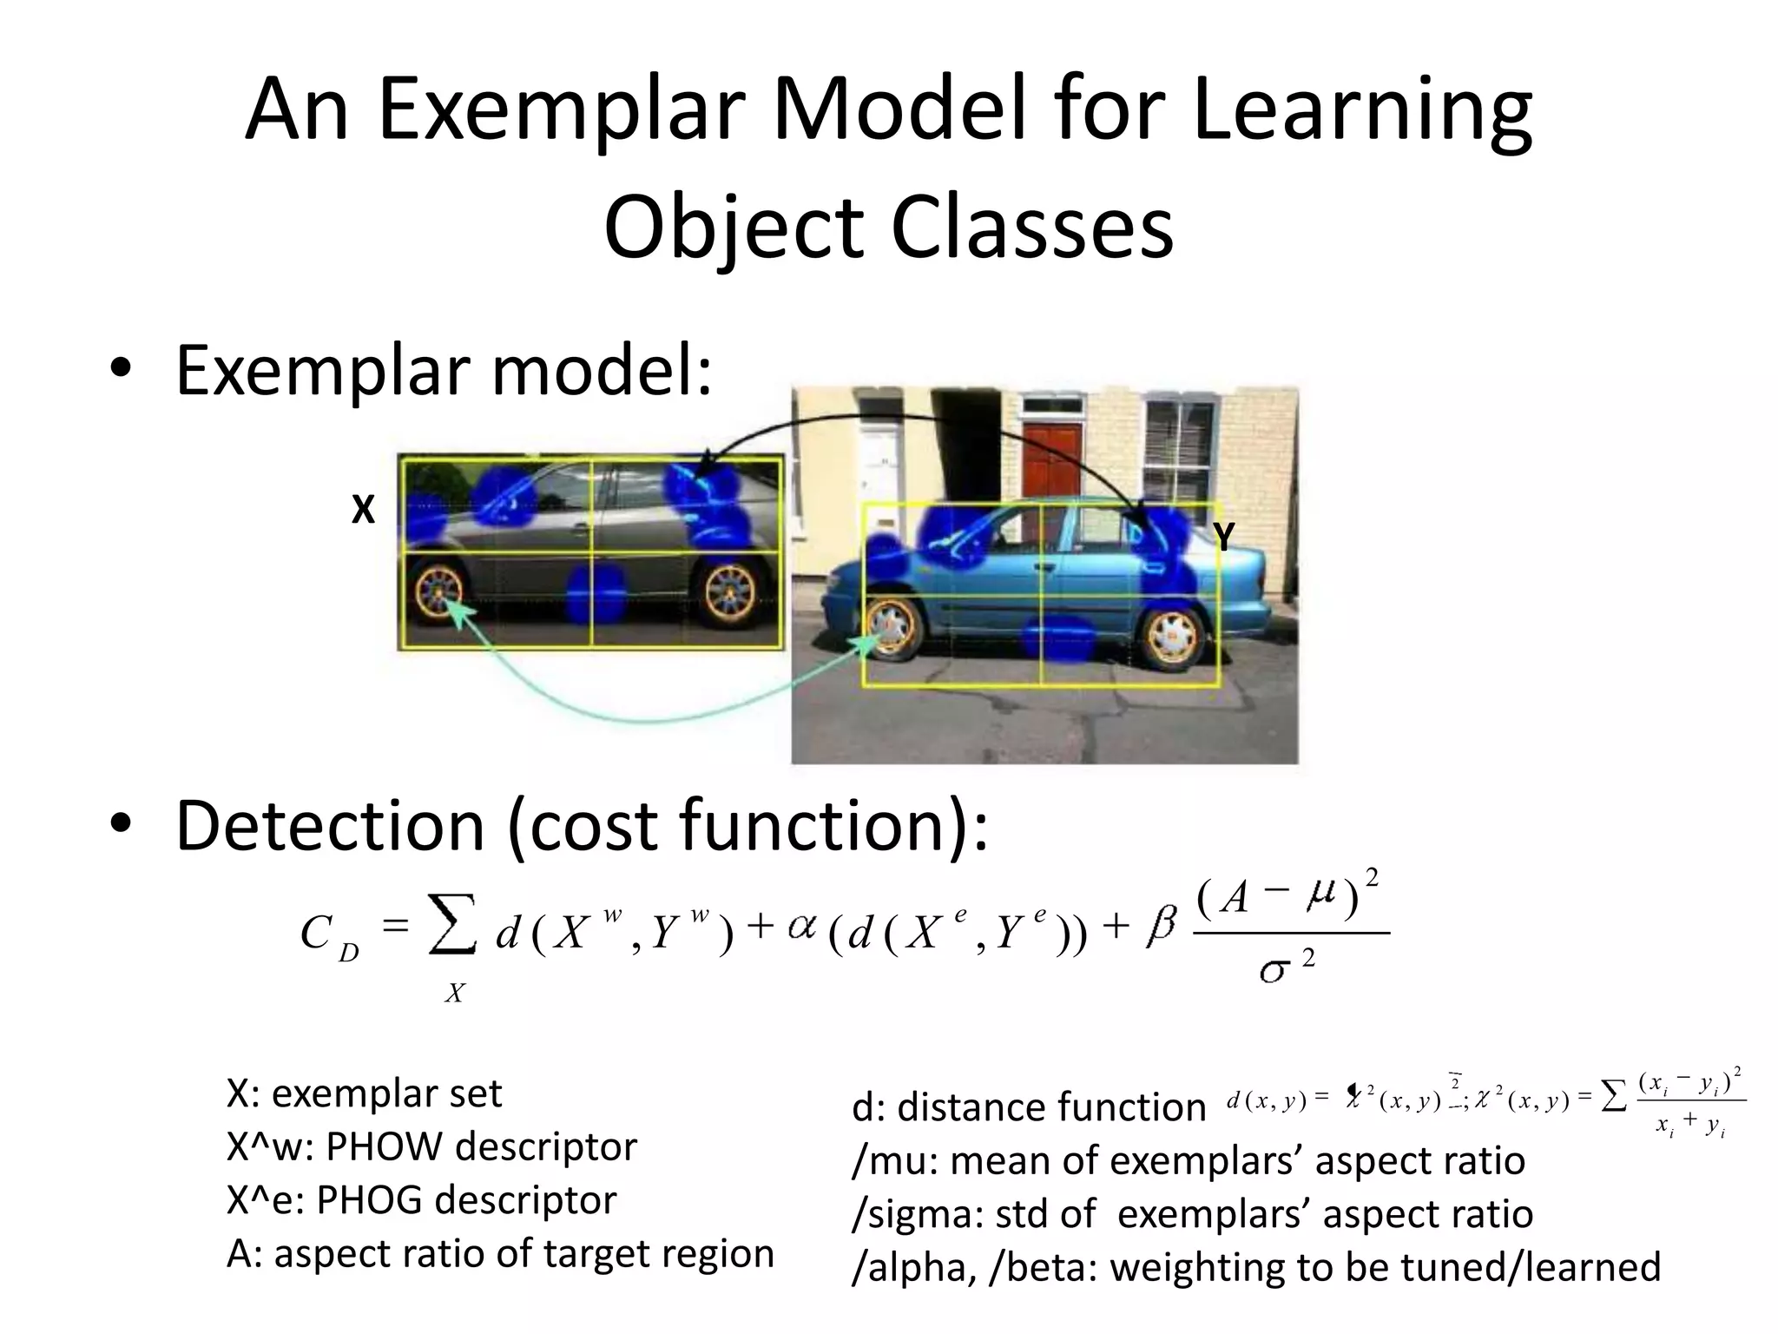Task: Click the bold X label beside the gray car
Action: [363, 511]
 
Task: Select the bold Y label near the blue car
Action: [1224, 538]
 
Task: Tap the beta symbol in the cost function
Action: [1160, 927]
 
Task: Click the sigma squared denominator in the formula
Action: [1286, 965]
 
